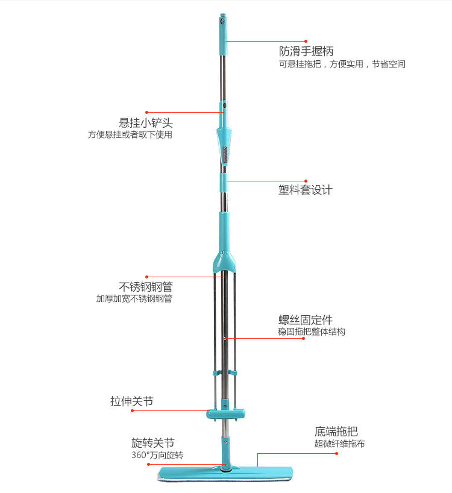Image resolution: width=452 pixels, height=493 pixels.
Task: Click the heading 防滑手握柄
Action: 306,51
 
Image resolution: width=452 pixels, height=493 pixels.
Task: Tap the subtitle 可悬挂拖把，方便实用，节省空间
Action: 342,64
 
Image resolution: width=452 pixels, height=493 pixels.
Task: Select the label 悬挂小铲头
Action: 146,123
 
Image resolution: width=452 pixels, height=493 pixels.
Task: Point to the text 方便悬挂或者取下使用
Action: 130,135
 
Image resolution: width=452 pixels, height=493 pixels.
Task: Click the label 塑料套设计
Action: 305,190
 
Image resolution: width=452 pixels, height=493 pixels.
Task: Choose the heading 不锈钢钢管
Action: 146,286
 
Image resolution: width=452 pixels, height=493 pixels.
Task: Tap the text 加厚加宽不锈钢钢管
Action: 134,299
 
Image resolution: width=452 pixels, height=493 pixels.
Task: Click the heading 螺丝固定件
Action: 305,319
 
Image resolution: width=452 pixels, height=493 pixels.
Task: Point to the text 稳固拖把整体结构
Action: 312,332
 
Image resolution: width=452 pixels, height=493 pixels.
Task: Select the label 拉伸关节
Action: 131,401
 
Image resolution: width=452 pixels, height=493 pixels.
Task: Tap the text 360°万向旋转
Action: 157,456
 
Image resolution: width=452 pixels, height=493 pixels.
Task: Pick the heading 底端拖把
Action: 336,432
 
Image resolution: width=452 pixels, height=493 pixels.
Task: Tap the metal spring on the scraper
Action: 225,154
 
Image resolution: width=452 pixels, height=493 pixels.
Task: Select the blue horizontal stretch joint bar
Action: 225,414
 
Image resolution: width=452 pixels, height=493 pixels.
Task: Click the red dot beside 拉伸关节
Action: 148,412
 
